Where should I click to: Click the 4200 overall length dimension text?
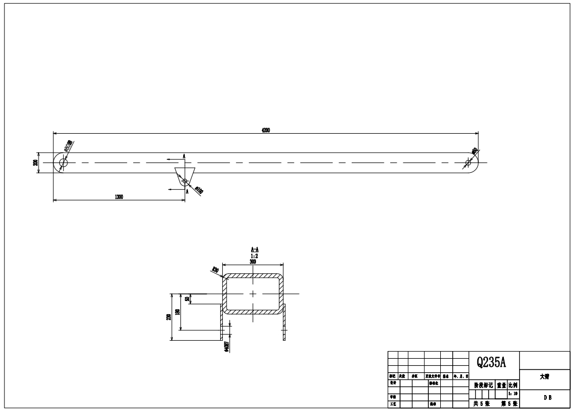click(x=266, y=130)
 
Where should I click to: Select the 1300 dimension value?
click(x=118, y=197)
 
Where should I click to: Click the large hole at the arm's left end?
click(x=63, y=162)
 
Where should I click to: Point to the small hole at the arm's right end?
click(x=469, y=162)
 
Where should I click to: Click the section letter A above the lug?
click(x=184, y=156)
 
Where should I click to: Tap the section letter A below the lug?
click(x=187, y=191)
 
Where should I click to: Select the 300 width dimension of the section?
click(x=253, y=261)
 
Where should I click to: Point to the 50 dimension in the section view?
click(x=187, y=299)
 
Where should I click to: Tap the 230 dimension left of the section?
click(x=169, y=317)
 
